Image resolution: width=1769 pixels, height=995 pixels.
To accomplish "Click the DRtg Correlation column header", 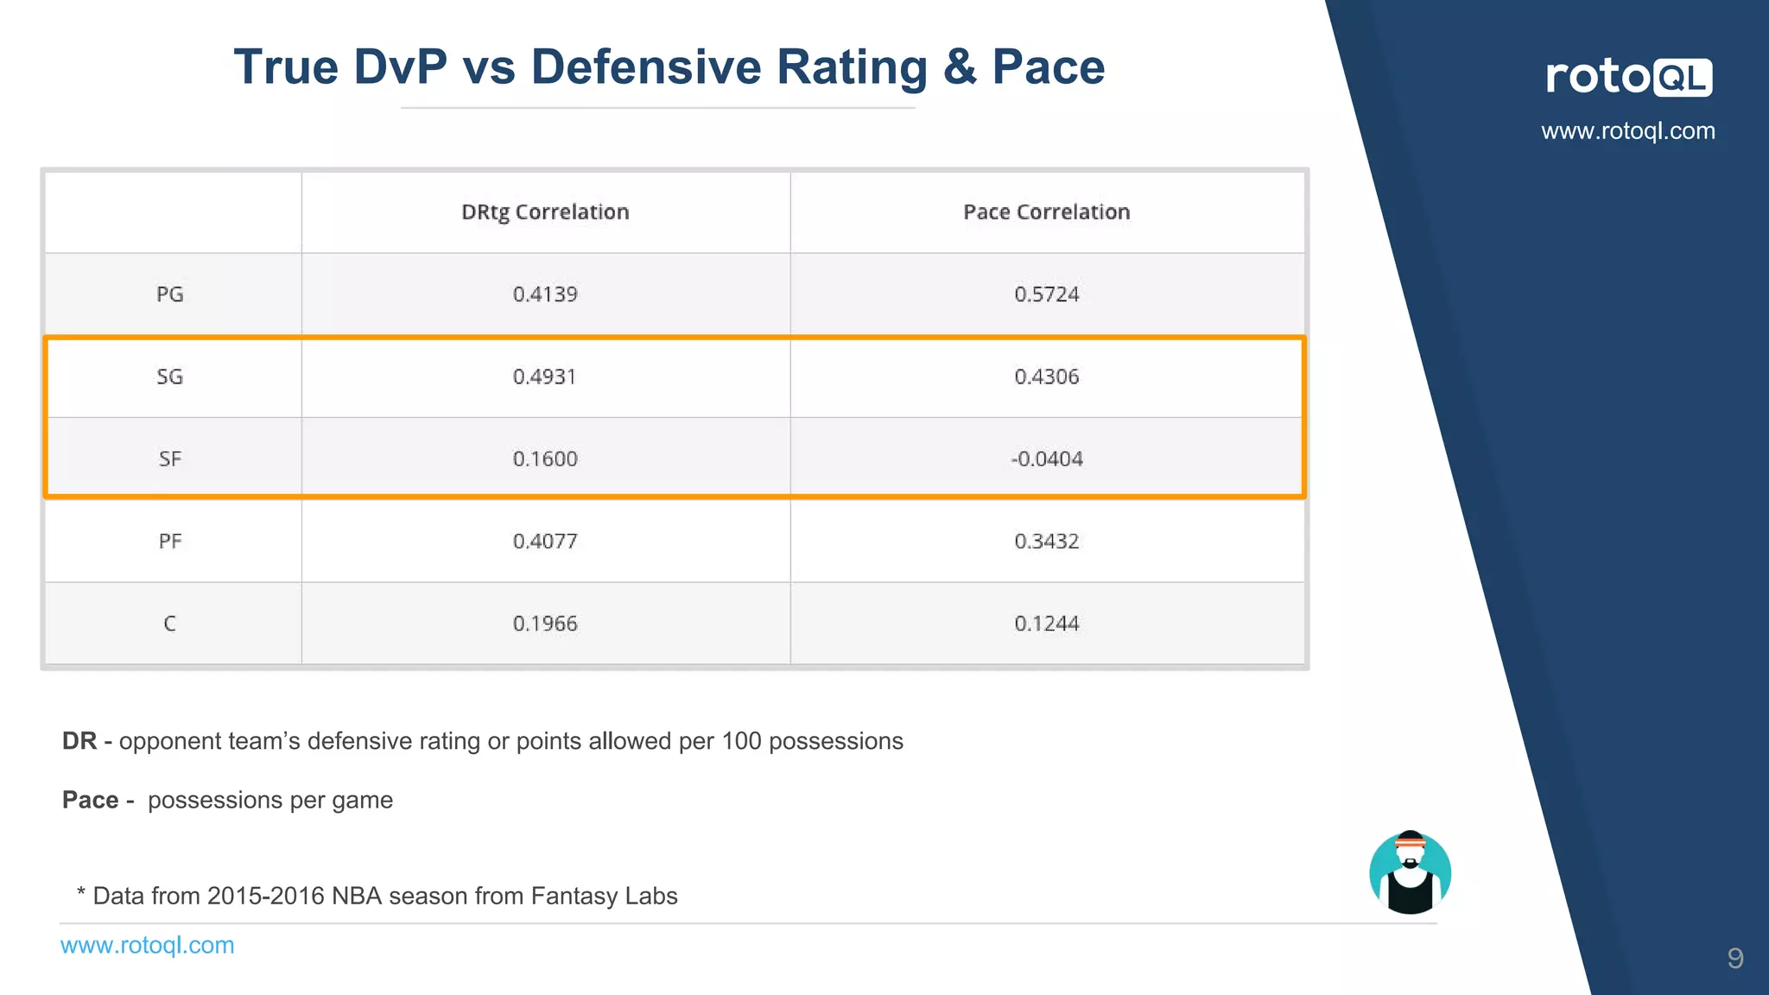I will (x=545, y=212).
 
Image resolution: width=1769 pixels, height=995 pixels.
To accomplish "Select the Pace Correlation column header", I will (x=1046, y=212).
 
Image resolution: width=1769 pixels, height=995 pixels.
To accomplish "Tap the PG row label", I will (x=170, y=295).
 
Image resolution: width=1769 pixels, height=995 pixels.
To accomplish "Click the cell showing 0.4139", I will (x=545, y=295).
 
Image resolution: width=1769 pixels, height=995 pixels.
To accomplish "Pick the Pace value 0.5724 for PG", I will (x=1046, y=295).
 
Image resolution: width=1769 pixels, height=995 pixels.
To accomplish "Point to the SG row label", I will (x=170, y=377).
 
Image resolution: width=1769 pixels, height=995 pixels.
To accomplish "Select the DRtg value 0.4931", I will (x=544, y=377).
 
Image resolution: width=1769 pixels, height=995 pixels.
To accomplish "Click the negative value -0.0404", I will (x=1046, y=459).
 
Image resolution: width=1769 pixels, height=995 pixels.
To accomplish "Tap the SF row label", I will (x=170, y=459).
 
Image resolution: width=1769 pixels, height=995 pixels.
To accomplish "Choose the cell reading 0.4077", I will (x=545, y=542).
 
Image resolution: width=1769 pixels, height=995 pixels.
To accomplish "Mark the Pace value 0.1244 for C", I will (x=1046, y=624).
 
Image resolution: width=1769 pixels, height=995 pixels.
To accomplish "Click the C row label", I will (x=170, y=624).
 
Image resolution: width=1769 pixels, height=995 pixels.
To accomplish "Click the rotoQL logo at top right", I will (x=1628, y=77).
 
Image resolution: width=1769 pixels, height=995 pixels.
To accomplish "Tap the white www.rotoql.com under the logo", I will (x=1628, y=131).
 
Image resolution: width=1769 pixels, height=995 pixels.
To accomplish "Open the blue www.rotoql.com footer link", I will (x=147, y=945).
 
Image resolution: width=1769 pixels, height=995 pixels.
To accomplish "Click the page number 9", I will (x=1734, y=958).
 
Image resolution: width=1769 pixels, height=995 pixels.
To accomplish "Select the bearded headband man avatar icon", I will (x=1410, y=872).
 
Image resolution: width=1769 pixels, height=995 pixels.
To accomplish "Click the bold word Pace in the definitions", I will (x=91, y=800).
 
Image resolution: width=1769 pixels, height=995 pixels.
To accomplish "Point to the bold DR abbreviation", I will (x=79, y=741).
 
